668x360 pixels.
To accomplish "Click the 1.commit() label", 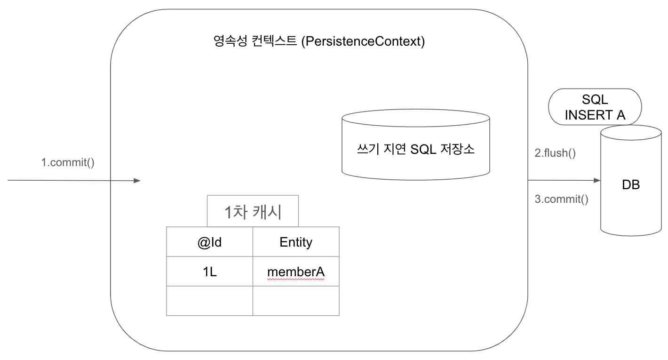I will (68, 163).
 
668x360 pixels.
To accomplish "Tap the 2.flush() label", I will (555, 153).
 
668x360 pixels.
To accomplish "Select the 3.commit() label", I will (562, 199).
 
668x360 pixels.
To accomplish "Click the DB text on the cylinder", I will (631, 184).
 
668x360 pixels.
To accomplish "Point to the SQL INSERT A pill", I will (595, 107).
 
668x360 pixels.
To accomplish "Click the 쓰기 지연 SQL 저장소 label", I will (416, 149).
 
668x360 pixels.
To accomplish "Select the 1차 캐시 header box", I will (253, 212).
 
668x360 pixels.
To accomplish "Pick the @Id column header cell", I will (210, 242).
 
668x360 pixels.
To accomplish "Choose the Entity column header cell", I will (296, 242).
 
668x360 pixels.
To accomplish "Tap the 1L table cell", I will (210, 272).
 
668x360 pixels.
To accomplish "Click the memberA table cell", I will (296, 272).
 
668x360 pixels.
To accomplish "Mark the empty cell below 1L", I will (210, 301).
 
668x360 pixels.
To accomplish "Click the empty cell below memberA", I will (296, 301).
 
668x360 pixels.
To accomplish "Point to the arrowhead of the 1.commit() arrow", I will (137, 180).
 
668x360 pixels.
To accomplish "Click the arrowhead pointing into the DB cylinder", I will (597, 180).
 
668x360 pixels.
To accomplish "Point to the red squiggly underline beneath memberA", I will (296, 279).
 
